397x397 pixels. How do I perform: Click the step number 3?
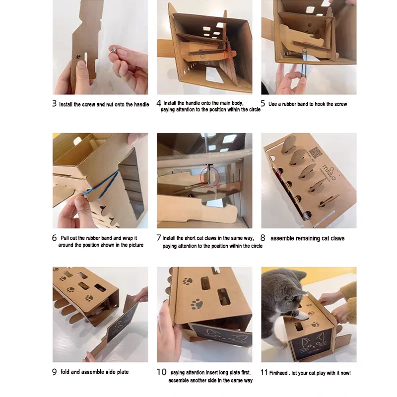54,103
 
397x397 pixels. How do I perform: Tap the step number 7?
159,238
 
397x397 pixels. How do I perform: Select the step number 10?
161,372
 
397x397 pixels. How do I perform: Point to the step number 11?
264,372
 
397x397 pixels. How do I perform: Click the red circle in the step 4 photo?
228,55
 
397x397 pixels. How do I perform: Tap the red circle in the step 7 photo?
209,177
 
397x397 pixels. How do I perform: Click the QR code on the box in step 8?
315,153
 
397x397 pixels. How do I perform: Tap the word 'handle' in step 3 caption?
141,104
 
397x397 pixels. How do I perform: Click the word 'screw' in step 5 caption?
340,104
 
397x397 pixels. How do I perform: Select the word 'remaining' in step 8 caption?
307,238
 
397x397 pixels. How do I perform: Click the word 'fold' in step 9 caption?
65,372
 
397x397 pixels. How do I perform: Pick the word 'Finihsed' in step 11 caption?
278,373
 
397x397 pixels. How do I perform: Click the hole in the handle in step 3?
78,56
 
